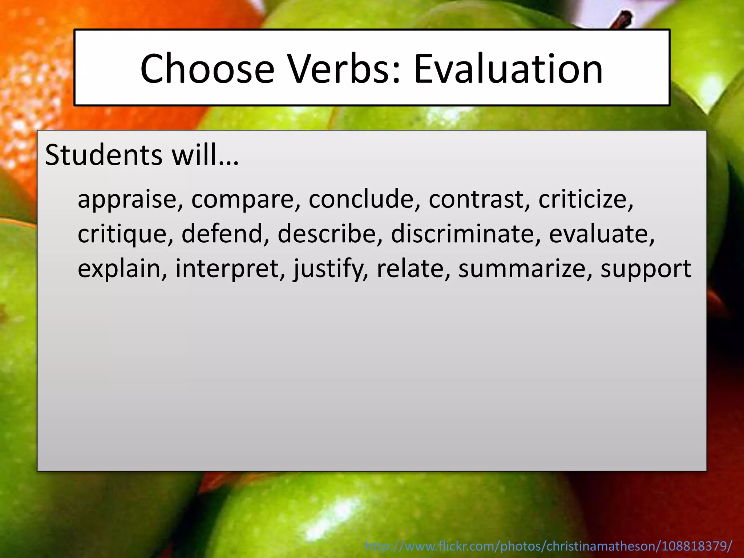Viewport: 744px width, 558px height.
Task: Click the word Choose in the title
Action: click(207, 69)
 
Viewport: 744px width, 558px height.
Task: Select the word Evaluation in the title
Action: click(508, 69)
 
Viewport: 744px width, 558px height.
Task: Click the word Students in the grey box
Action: click(104, 155)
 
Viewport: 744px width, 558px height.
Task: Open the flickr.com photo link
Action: click(549, 546)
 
